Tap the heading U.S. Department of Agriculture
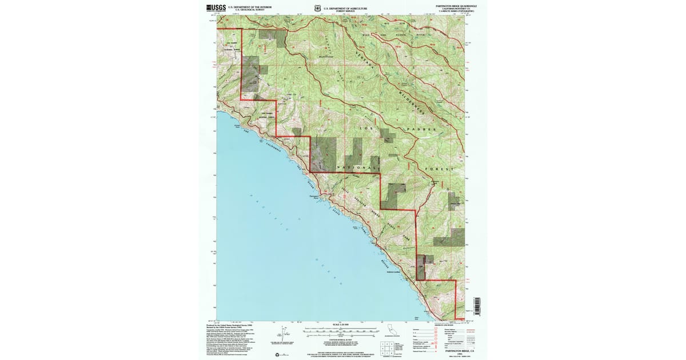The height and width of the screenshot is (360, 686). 345,6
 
